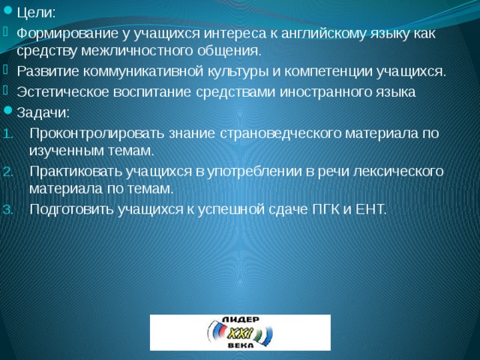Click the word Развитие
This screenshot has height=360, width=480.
45,72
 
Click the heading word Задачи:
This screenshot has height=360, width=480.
43,112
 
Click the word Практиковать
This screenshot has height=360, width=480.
67,170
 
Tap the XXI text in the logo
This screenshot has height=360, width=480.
238,332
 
